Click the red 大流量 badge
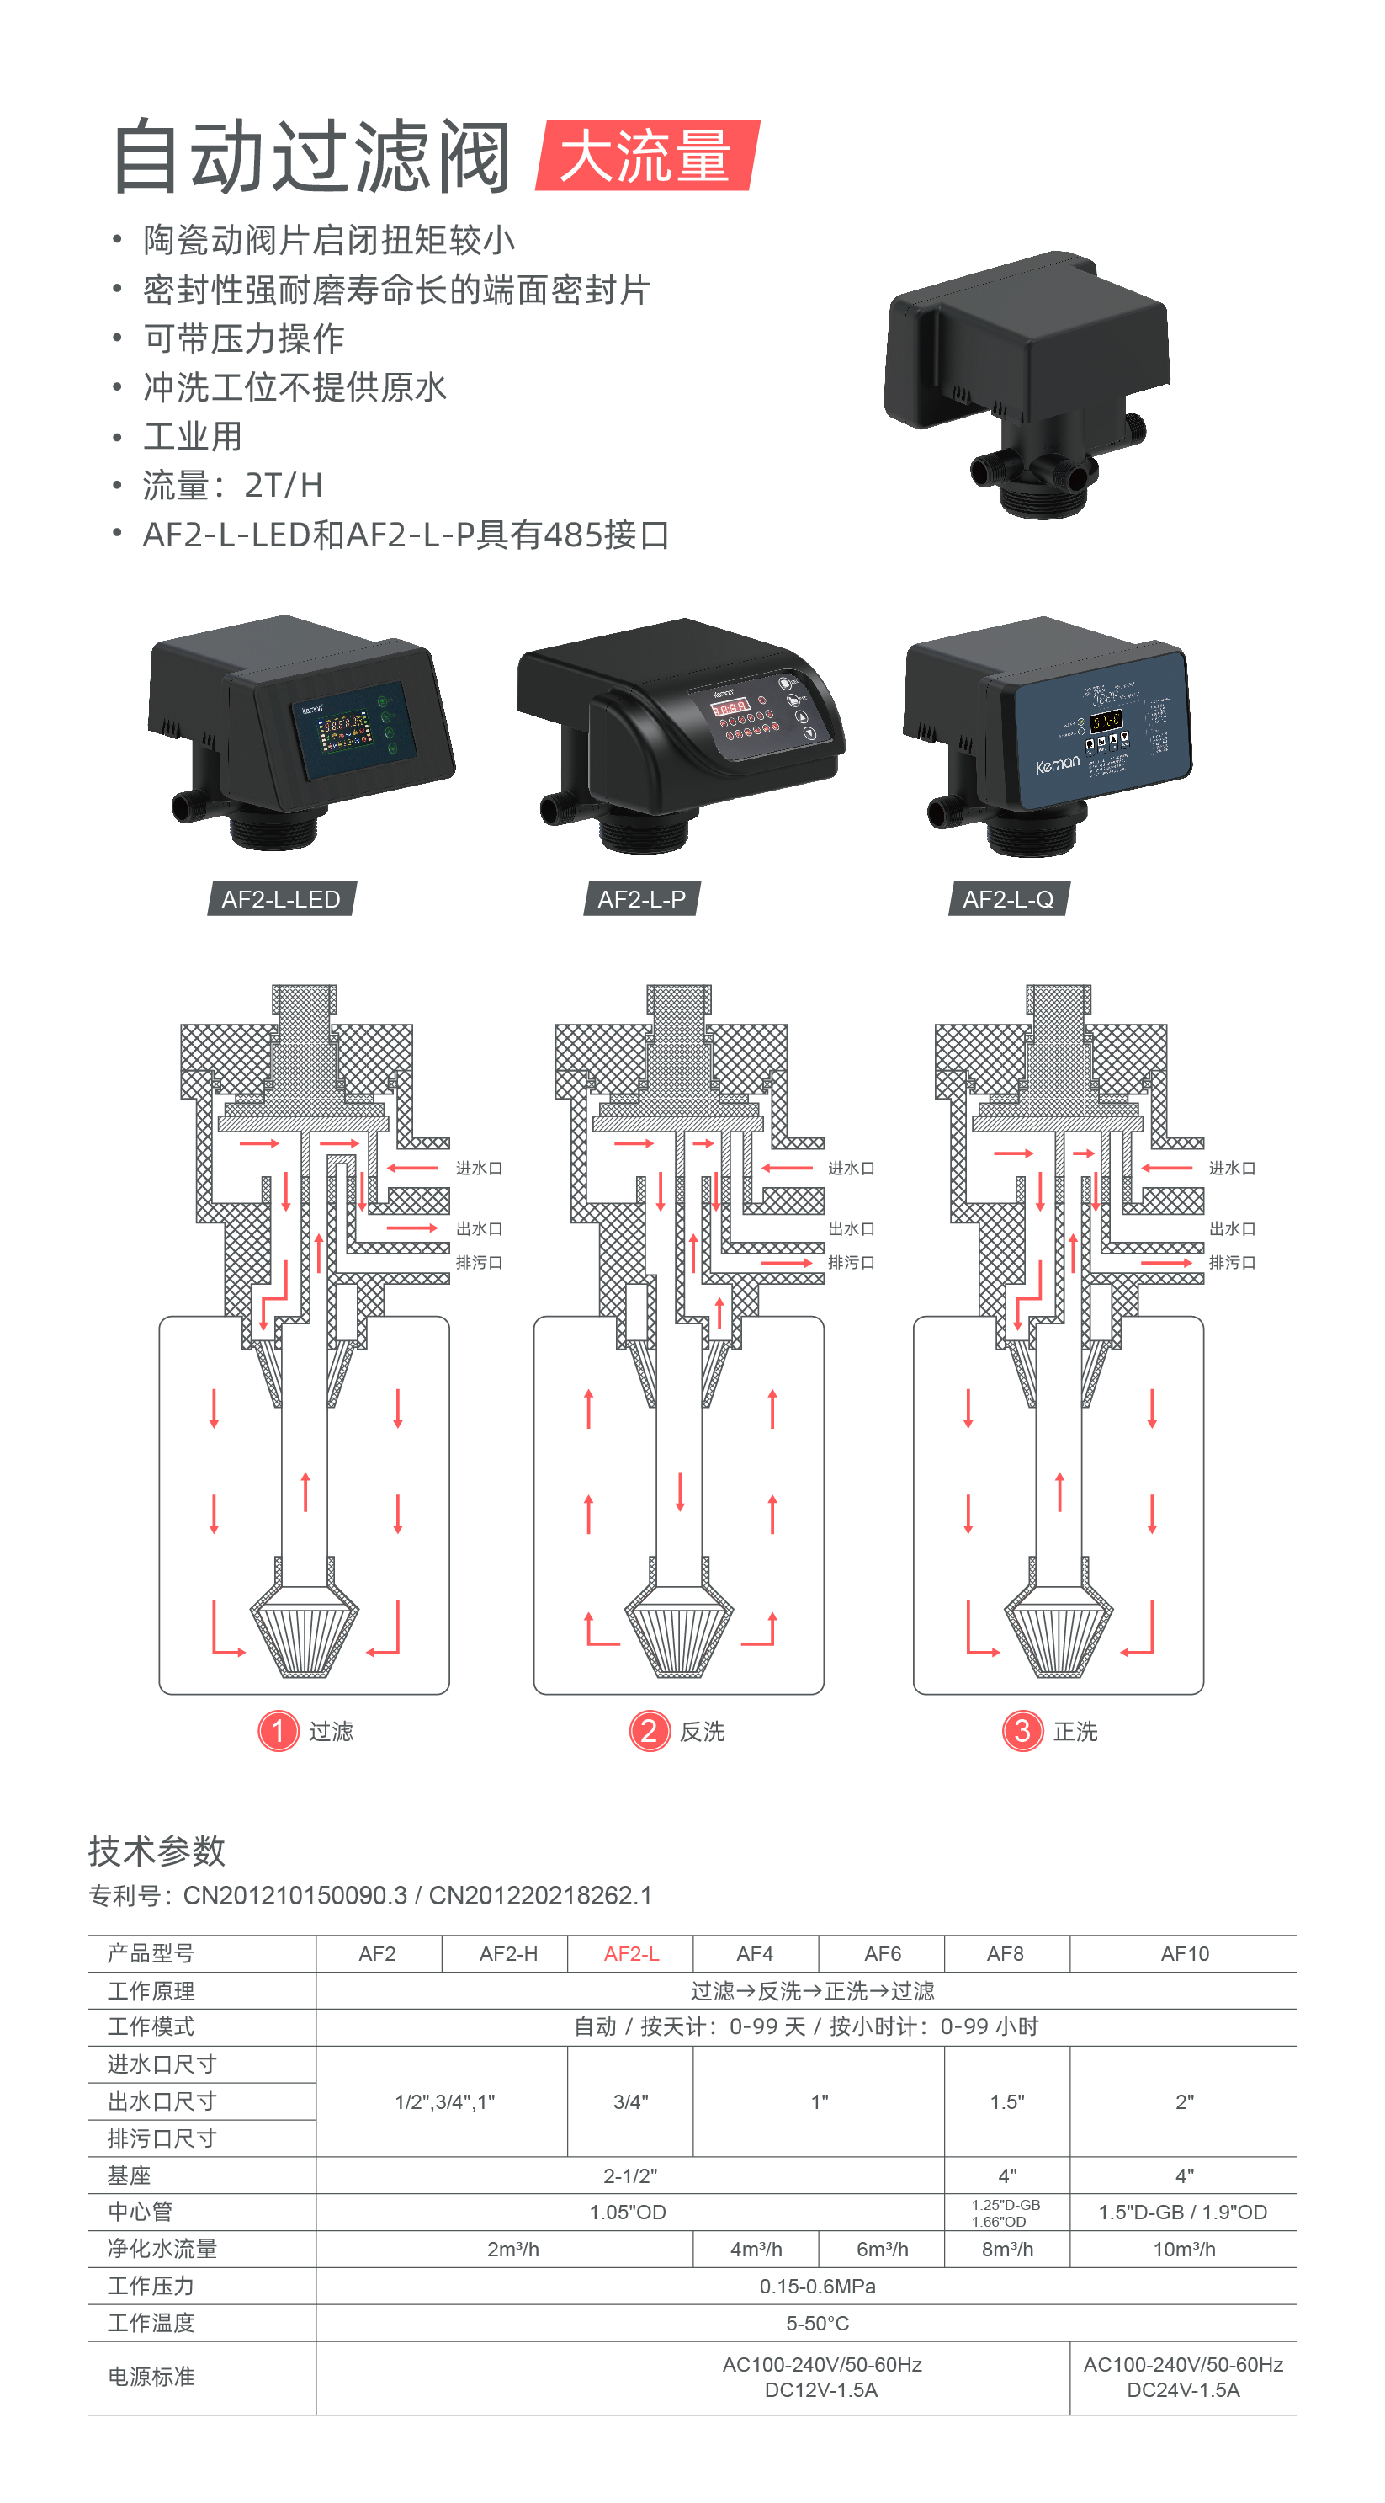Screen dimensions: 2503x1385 click(x=646, y=156)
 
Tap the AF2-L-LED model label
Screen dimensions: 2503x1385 click(x=281, y=899)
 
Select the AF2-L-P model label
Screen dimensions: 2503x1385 click(x=641, y=899)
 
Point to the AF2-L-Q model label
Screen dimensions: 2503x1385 click(x=1008, y=899)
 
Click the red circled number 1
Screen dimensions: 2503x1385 click(x=278, y=1730)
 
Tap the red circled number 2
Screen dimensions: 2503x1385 click(x=649, y=1730)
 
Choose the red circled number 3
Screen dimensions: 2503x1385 click(x=1022, y=1730)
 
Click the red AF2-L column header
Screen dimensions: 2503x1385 click(x=631, y=1954)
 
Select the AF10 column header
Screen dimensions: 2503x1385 click(x=1185, y=1954)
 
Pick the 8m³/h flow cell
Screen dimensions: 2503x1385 click(x=1007, y=2250)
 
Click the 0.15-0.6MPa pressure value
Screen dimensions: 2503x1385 click(x=818, y=2287)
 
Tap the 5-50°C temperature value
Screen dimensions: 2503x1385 click(x=818, y=2323)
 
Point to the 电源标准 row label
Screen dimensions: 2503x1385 click(x=151, y=2377)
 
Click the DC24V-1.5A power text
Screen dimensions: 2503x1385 click(x=1183, y=2389)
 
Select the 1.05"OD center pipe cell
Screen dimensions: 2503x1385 click(x=628, y=2213)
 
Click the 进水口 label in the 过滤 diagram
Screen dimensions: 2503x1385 click(x=479, y=1168)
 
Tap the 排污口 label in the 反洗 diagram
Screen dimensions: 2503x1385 click(x=851, y=1262)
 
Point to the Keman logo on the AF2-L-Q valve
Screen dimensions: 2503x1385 click(x=1057, y=764)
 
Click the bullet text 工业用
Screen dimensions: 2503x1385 click(x=193, y=436)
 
